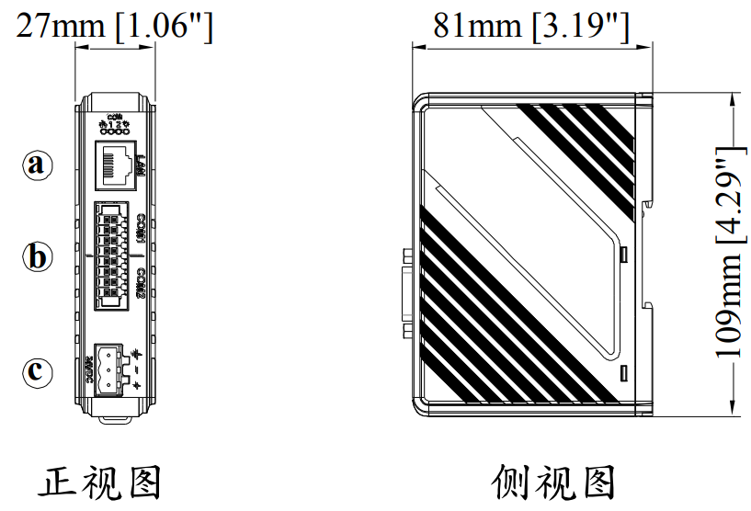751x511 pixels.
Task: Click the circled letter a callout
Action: pyautogui.click(x=37, y=165)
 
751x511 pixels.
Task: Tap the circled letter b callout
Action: pyautogui.click(x=37, y=256)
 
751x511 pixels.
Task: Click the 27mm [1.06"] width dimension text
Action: pyautogui.click(x=115, y=27)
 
